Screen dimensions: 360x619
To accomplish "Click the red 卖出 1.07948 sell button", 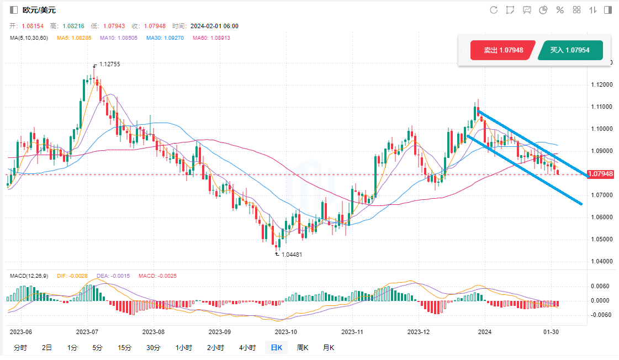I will [x=502, y=50].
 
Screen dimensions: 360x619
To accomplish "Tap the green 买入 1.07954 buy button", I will [x=569, y=50].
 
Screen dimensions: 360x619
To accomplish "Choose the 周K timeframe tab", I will [x=303, y=348].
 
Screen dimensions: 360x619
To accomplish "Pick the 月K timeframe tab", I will [x=328, y=348].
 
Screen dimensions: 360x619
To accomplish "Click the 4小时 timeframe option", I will [x=247, y=348].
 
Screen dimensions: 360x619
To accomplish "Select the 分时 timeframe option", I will [x=20, y=348].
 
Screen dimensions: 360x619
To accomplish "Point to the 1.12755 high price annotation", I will [x=109, y=64].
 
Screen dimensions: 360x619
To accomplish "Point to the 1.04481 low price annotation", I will [x=292, y=255].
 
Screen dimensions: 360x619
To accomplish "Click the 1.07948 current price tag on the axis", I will [x=601, y=174].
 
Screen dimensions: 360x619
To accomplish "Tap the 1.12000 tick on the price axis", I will [x=600, y=84].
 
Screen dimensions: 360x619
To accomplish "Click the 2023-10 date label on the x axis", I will [x=285, y=332].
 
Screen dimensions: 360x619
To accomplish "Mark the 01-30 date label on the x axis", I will [x=551, y=332].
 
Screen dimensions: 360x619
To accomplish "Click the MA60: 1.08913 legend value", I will [x=211, y=38].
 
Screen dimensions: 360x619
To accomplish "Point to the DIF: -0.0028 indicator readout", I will [x=71, y=276].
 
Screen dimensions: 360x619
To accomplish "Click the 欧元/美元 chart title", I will [x=38, y=10].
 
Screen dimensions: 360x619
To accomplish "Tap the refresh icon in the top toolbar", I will [x=494, y=10].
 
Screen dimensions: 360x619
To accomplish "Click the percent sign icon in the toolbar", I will [x=559, y=10].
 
